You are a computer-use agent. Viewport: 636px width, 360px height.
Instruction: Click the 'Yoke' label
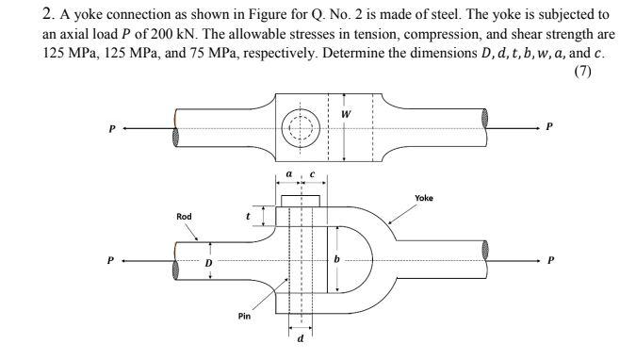[424, 198]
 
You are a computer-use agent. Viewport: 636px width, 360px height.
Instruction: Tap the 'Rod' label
[184, 217]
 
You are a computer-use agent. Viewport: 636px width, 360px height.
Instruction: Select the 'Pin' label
[244, 317]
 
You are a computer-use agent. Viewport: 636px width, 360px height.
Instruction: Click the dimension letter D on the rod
[211, 261]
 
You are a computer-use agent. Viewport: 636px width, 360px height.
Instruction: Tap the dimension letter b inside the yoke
[335, 258]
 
